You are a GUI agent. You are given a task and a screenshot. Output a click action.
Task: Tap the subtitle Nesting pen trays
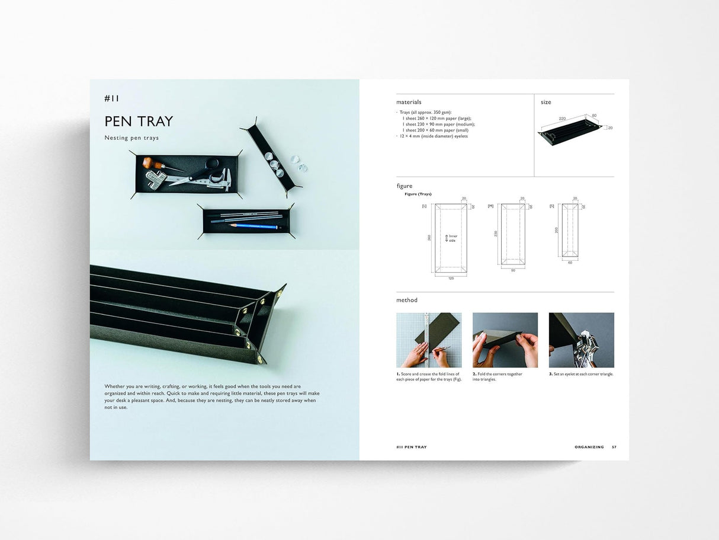point(131,138)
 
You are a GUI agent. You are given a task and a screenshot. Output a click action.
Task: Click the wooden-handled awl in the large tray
point(158,164)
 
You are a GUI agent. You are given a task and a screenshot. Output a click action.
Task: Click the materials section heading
point(409,102)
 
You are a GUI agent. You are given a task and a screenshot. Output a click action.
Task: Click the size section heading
point(545,102)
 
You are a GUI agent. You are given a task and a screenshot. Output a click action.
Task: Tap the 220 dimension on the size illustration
point(562,119)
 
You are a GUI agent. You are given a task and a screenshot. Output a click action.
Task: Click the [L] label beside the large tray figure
point(424,206)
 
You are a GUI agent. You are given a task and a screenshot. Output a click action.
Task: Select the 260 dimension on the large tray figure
point(429,238)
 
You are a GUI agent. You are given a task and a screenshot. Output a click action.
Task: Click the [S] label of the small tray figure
point(551,206)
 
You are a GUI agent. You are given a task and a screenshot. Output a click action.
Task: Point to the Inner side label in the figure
point(452,238)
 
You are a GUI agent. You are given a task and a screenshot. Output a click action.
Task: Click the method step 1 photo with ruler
point(428,340)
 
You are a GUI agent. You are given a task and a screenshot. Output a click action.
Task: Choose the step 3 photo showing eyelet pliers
point(581,340)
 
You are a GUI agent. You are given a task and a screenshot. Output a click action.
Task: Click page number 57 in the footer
point(614,447)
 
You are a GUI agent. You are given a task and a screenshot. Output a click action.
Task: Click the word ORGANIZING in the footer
point(589,447)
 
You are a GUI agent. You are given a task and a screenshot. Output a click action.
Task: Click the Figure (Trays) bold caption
point(418,194)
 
